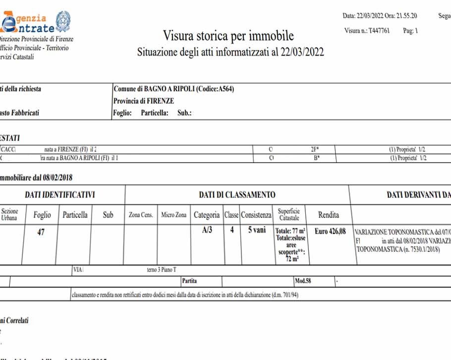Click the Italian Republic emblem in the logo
[62, 22]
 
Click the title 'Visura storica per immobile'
[228, 36]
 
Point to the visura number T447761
[380, 31]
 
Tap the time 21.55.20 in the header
[407, 15]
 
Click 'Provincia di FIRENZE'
[144, 101]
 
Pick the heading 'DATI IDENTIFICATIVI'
[59, 195]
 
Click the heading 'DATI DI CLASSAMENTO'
[237, 195]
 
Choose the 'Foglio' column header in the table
[42, 215]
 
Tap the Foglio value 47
[42, 232]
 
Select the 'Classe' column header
[231, 215]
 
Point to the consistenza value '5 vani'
[256, 231]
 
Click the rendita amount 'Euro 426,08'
[330, 231]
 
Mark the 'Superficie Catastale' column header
[289, 215]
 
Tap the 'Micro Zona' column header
[174, 215]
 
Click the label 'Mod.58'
[303, 281]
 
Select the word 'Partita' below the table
[189, 281]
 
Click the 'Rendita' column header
[329, 215]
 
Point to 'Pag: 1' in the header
[411, 31]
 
